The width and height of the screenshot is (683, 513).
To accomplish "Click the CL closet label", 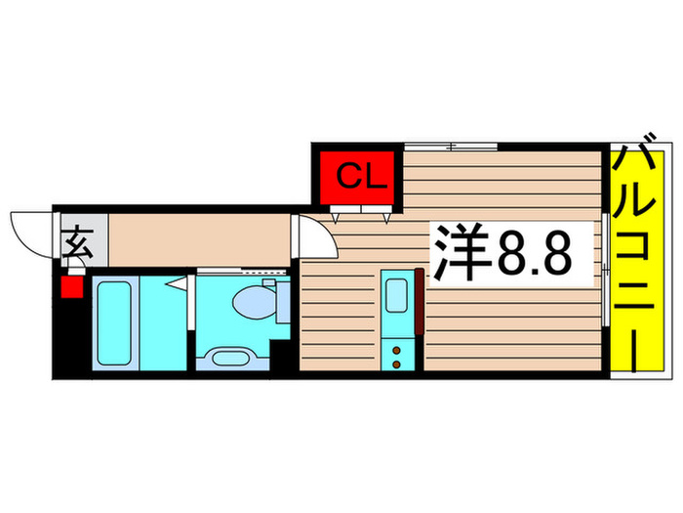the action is [x=362, y=177].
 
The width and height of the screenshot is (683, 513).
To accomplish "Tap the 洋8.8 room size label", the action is [x=502, y=253].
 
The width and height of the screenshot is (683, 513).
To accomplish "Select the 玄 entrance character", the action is [x=77, y=242].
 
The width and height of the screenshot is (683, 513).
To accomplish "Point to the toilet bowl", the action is [x=254, y=302].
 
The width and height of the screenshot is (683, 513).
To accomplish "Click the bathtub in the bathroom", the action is [x=114, y=323].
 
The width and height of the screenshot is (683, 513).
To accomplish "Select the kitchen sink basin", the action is [x=396, y=295].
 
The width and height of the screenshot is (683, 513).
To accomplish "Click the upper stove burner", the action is [x=396, y=350].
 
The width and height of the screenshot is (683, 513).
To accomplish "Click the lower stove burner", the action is [x=396, y=363].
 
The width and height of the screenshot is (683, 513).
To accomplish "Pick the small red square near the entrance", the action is [x=72, y=287].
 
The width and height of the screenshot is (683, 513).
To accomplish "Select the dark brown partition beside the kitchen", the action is [x=419, y=301].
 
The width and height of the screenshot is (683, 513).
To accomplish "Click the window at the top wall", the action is [x=451, y=147].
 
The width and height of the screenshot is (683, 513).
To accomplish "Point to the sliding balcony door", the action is [x=606, y=270].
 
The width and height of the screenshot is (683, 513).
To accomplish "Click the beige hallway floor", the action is [x=199, y=239].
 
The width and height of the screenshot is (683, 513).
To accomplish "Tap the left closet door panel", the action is [x=345, y=209].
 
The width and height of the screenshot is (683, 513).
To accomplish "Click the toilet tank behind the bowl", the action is [x=284, y=302].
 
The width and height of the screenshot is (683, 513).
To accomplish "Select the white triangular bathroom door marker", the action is [x=179, y=284].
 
